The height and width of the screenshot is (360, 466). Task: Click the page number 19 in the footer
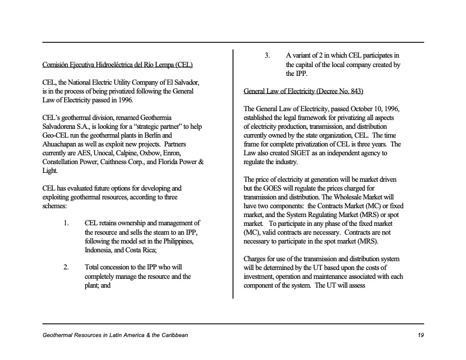tap(420, 335)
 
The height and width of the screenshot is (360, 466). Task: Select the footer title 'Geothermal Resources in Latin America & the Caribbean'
tap(115, 335)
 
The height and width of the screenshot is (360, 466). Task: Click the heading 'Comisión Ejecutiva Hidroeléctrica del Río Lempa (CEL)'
tap(118, 64)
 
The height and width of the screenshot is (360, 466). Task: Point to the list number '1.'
tap(66, 224)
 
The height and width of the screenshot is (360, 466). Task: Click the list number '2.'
tap(67, 267)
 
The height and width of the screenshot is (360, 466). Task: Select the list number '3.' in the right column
tap(267, 56)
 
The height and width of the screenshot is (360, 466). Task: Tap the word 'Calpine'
tap(128, 153)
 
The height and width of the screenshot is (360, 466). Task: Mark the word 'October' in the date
tap(340, 109)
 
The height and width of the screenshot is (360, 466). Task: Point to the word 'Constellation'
tap(61, 162)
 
